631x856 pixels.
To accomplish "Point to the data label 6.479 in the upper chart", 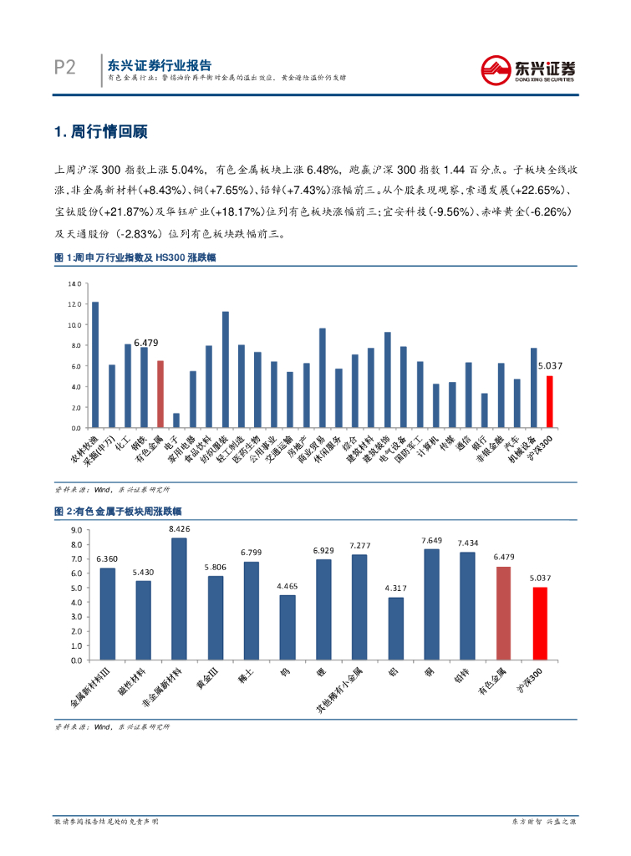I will click(146, 343).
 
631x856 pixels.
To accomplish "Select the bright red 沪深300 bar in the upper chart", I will click(549, 401).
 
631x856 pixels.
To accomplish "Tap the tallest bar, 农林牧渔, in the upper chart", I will click(95, 364).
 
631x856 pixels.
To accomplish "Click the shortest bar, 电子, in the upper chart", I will click(176, 420).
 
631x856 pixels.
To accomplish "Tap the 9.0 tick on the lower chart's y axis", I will click(77, 530).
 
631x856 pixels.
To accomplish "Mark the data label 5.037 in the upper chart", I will click(549, 365).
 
